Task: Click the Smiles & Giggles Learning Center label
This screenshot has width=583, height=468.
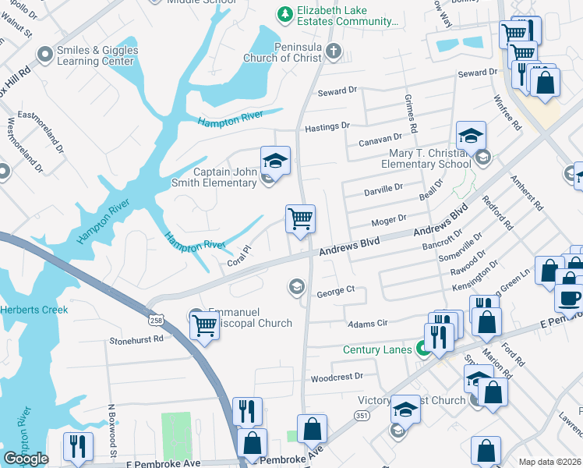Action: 97,56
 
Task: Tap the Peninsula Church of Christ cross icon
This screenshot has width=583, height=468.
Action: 334,52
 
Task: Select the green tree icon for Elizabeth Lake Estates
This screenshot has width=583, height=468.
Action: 285,13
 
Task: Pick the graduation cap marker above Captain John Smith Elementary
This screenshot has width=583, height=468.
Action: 275,161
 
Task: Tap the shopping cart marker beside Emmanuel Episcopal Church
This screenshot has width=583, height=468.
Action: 204,324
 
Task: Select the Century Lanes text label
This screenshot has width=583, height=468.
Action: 377,349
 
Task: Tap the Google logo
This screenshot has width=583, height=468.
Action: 26,458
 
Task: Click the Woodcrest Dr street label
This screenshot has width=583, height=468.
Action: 337,377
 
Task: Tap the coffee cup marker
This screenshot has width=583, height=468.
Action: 569,297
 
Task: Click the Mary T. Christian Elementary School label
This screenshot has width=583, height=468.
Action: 426,158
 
